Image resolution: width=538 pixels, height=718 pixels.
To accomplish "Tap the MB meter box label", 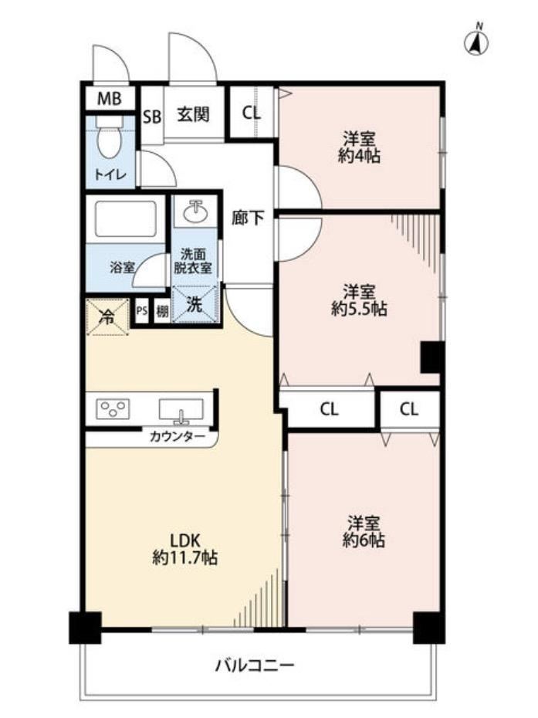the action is [110, 98].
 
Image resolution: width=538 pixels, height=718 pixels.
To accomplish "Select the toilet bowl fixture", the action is [110, 136].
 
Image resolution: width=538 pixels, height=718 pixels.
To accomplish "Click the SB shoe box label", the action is [153, 117].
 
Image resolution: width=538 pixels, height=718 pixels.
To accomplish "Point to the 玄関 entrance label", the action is [194, 114].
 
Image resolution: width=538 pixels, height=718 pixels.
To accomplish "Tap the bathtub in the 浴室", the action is [126, 218].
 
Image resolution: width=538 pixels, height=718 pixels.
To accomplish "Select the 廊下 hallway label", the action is [247, 218].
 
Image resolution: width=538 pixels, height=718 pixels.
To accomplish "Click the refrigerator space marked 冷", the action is [107, 317].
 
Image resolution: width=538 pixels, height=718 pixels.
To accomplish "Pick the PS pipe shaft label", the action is [142, 311].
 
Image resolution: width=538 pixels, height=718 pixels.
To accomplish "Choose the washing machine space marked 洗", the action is [195, 304].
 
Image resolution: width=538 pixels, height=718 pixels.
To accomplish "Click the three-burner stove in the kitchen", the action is [113, 408].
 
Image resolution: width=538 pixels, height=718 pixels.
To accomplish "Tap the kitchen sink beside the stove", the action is [181, 410].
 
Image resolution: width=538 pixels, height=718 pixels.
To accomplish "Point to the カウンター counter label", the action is [178, 437].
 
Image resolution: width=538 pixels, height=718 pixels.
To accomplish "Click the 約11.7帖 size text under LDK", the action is [185, 557].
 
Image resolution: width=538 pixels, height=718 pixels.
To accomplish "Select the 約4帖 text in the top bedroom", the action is [360, 156].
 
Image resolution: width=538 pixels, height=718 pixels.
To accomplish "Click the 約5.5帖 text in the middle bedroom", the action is [360, 309].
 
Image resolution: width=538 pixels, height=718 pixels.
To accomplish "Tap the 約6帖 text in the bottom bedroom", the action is [364, 540].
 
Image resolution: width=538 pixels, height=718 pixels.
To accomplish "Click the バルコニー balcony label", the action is [255, 665].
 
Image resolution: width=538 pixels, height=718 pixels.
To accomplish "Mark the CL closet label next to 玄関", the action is [252, 113].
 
